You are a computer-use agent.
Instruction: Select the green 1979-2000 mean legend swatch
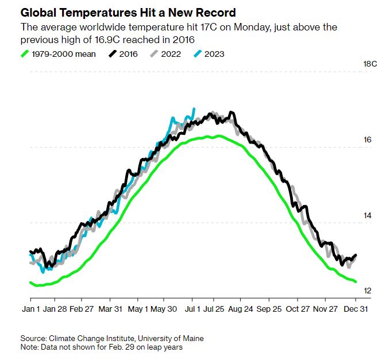[x=25, y=54]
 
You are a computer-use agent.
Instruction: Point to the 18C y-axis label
[x=370, y=64]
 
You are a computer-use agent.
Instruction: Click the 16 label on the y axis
[x=368, y=140]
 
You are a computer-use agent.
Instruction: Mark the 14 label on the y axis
[x=368, y=215]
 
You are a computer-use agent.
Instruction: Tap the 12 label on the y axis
[x=368, y=291]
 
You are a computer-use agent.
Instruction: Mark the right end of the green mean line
[x=356, y=281]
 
